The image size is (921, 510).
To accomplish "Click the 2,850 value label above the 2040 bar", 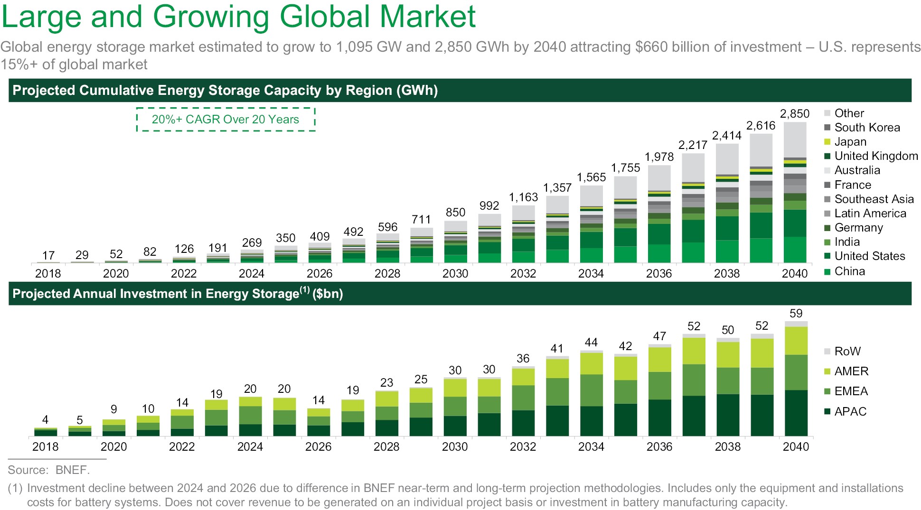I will (794, 114).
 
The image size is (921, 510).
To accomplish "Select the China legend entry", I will (849, 271).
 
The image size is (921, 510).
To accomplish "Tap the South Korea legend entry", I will (867, 128).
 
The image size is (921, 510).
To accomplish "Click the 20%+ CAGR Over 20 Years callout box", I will (226, 120).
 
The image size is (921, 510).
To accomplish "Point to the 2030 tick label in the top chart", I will (455, 274).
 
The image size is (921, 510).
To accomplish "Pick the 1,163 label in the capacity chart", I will (523, 197).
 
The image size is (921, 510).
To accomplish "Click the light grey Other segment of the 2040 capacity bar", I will (795, 140).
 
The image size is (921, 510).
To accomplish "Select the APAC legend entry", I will (850, 411).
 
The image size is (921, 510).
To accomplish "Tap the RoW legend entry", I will (847, 351).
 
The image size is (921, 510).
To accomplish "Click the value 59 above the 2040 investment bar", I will (796, 314).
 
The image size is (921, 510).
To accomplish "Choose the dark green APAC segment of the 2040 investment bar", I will (796, 413).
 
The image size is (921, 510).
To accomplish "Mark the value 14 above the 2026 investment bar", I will (319, 400).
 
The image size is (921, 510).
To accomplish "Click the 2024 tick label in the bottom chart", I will (250, 447).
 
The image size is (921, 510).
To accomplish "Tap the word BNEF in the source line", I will (71, 470).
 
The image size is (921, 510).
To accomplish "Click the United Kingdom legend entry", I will (876, 156).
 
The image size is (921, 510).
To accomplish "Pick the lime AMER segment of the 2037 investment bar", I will (694, 351).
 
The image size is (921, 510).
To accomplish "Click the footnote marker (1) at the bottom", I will (15, 488).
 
